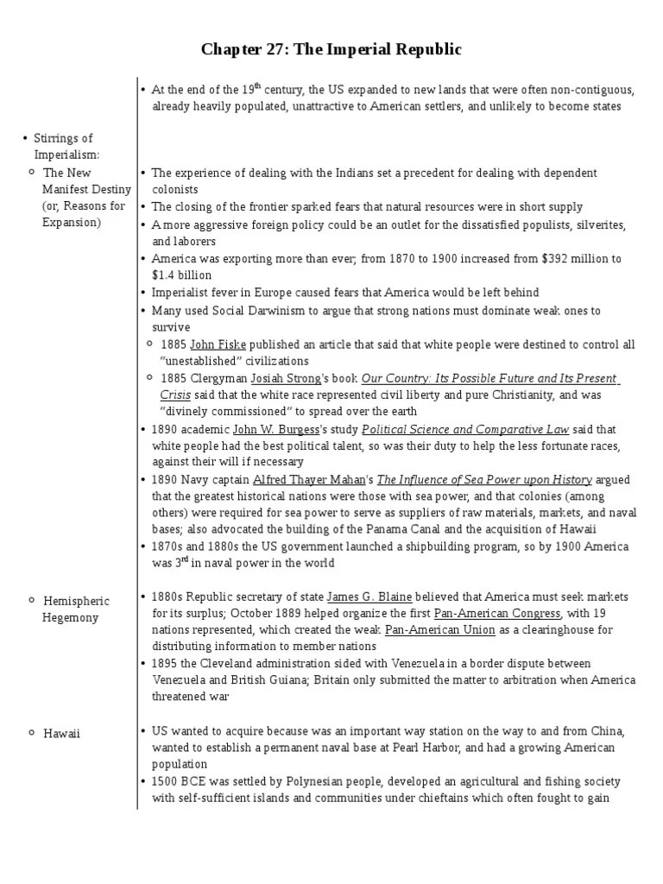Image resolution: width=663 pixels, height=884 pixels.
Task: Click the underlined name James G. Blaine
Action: coord(369,597)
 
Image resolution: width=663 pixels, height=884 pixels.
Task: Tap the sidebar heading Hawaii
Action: coord(61,733)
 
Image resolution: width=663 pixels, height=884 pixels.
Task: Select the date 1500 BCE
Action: coord(178,781)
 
